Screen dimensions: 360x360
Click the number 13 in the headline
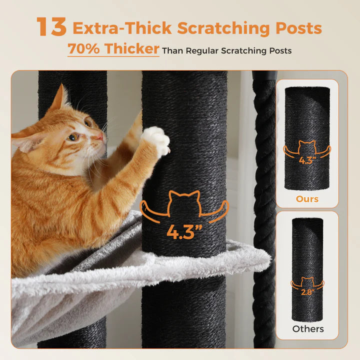click(x=51, y=27)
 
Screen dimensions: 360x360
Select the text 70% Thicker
click(x=113, y=49)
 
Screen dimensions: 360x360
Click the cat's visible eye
click(x=73, y=136)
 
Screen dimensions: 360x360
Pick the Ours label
click(x=307, y=199)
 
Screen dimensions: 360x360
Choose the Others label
click(x=307, y=328)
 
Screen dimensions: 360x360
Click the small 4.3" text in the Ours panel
click(x=307, y=161)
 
